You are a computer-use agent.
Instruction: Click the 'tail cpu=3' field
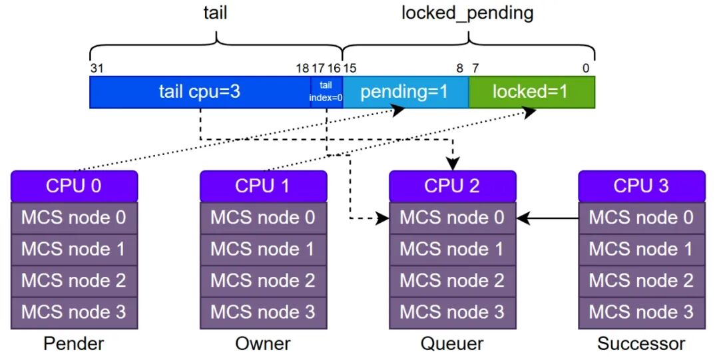(200, 92)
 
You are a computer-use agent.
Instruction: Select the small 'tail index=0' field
(326, 92)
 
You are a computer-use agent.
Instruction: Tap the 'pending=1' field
(405, 92)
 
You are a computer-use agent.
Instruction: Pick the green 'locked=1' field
(531, 92)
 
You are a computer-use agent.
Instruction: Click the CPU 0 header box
(74, 186)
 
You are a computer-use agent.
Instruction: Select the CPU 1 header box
(263, 186)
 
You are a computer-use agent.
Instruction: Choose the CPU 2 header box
(452, 186)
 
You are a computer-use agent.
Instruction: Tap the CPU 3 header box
(641, 186)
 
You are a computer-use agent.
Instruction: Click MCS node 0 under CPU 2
(452, 218)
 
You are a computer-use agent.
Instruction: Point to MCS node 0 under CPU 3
(641, 218)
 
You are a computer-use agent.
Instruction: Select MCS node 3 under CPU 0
(74, 312)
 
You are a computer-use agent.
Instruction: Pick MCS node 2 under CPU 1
(263, 281)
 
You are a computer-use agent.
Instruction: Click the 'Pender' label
(74, 344)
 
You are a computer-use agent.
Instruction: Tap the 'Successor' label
(641, 344)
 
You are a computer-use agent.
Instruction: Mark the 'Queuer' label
(452, 344)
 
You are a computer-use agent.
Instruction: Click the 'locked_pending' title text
(467, 13)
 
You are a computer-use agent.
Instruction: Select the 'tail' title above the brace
(214, 13)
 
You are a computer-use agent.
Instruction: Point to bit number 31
(97, 68)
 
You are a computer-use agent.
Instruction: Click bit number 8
(459, 68)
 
